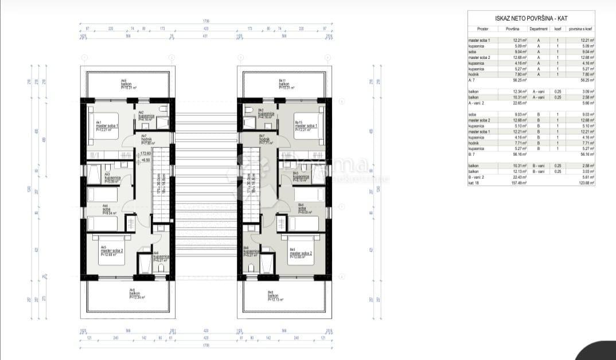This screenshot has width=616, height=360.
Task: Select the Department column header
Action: click(539, 28)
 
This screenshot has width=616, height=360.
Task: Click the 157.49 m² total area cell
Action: click(513, 182)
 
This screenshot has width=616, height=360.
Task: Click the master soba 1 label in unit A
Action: click(108, 126)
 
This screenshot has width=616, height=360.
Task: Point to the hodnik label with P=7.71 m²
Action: click(264, 141)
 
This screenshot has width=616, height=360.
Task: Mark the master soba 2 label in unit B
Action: click(301, 253)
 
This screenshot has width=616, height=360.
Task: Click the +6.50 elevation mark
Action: click(146, 160)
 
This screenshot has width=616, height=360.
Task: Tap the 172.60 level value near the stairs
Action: click(146, 154)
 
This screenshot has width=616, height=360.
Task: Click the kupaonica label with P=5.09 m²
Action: click(112, 179)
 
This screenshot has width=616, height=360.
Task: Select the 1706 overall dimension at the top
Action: click(206, 21)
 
